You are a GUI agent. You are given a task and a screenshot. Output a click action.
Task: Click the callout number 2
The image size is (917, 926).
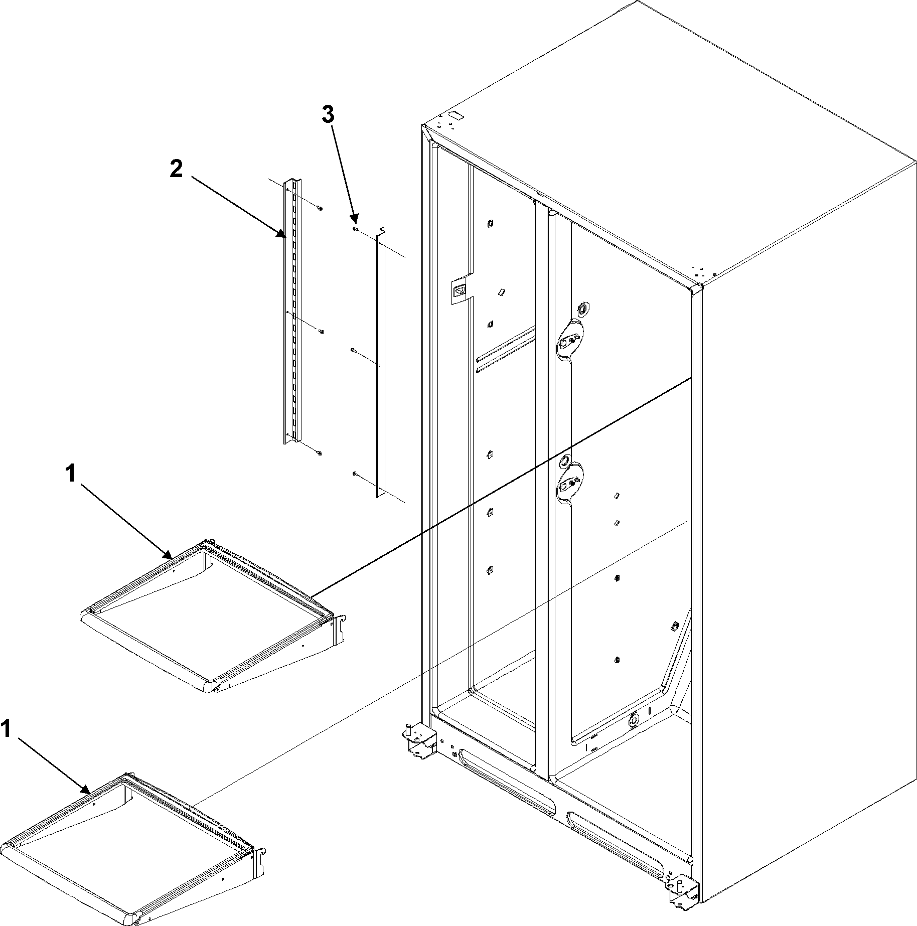(176, 170)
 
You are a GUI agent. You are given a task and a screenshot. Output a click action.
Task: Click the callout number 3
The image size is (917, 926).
(327, 115)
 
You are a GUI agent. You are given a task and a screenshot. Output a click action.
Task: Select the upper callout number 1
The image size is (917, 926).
(71, 474)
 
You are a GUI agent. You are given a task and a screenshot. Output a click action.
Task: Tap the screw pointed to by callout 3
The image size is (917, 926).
(355, 229)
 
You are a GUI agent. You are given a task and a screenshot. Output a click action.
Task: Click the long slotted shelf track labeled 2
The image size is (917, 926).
(291, 311)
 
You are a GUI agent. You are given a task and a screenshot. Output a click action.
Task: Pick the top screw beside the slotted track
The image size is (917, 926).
(320, 208)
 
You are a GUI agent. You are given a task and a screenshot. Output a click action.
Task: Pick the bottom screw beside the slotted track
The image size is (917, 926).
(319, 453)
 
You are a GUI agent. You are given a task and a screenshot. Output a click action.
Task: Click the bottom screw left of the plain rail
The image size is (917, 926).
(355, 473)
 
